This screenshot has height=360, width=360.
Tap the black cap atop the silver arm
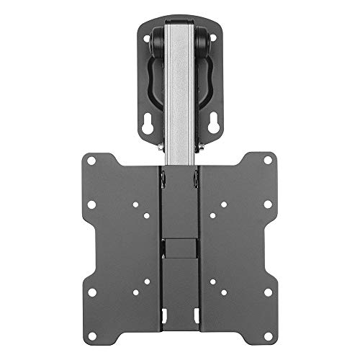pyautogui.click(x=180, y=22)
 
